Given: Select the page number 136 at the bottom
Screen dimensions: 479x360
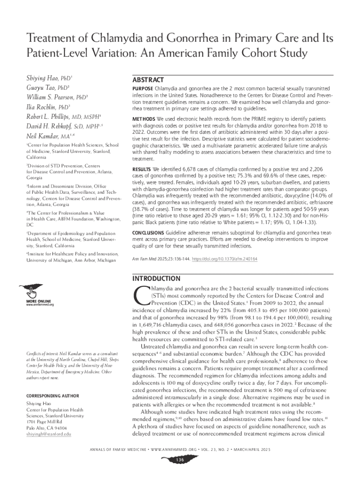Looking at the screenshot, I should tap(180, 460).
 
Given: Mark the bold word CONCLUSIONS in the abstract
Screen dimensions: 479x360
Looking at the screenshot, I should tap(150, 232).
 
